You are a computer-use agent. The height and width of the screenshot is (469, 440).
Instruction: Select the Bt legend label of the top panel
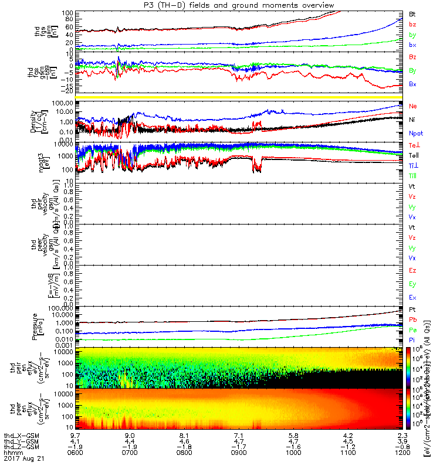tap(412, 13)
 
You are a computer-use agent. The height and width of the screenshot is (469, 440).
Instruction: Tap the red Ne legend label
tap(413, 107)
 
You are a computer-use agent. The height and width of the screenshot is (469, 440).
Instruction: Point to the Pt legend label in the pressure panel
tap(412, 309)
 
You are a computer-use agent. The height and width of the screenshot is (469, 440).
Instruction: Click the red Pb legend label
tap(413, 320)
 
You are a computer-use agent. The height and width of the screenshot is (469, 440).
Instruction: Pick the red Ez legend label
tap(413, 271)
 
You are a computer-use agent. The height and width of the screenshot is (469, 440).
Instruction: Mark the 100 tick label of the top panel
tap(69, 12)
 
